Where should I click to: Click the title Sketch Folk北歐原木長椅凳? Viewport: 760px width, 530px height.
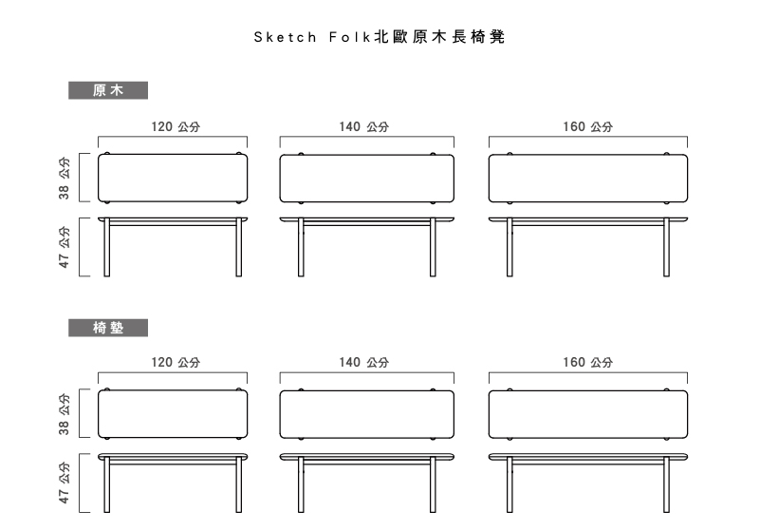pos(380,37)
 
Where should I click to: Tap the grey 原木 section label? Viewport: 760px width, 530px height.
pos(108,90)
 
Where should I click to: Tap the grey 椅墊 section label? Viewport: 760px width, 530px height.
pos(108,328)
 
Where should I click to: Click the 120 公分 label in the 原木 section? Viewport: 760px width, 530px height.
pos(176,126)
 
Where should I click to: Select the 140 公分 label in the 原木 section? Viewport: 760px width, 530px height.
pos(364,126)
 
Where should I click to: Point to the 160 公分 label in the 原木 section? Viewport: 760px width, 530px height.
pos(588,126)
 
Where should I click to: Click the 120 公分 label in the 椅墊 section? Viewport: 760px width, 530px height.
pos(176,362)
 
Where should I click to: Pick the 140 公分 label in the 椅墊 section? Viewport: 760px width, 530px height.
pos(364,362)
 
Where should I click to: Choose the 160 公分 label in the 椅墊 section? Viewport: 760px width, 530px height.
pos(588,362)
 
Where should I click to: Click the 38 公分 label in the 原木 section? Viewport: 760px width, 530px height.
pos(64,178)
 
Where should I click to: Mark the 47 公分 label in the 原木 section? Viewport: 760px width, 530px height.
pos(64,247)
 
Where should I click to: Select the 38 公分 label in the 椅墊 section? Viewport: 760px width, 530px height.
pos(64,414)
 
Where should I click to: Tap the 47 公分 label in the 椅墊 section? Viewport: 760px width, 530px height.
pos(64,483)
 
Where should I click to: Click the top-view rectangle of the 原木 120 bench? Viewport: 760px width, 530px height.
pos(173,179)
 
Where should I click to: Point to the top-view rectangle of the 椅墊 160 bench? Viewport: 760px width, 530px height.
pos(588,414)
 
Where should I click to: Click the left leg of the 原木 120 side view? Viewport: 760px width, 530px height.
pos(106,248)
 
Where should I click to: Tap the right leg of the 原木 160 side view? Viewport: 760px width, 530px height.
pos(666,248)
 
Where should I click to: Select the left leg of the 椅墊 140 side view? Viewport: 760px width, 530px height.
pos(301,484)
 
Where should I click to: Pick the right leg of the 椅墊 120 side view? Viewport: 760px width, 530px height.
pos(238,484)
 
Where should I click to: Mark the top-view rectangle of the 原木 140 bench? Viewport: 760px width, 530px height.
pos(367,179)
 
